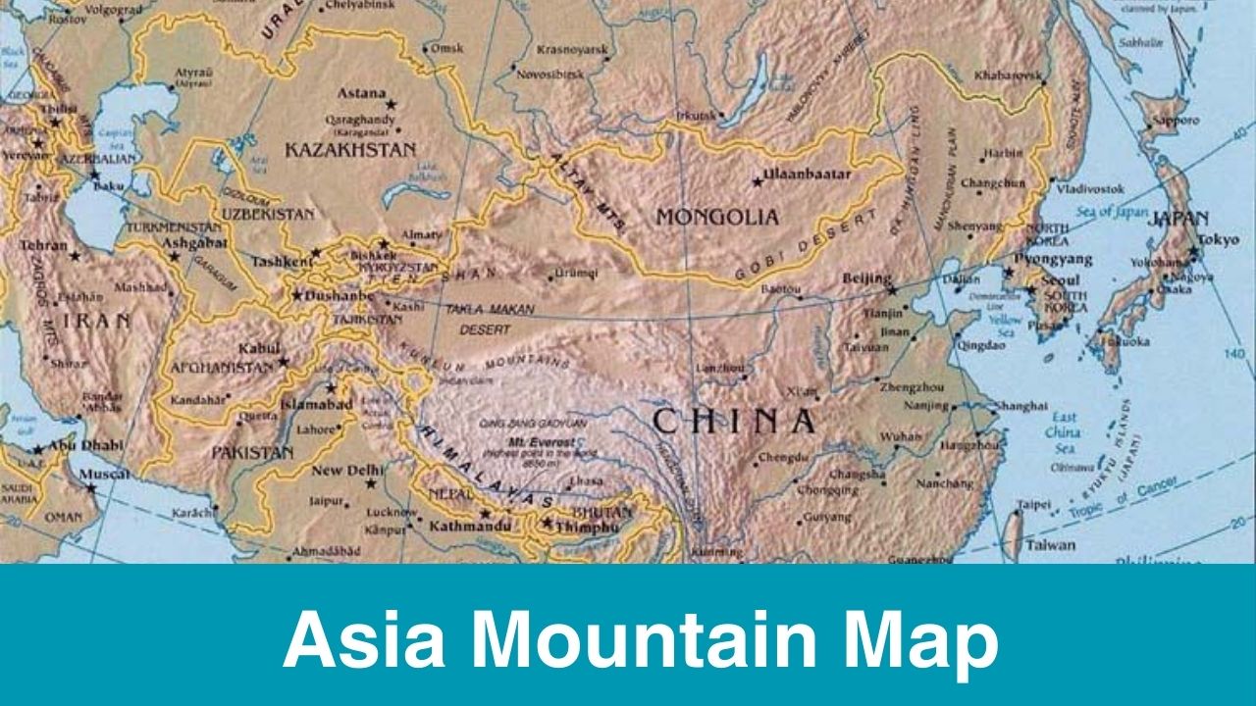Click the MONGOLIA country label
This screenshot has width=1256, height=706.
pos(717,217)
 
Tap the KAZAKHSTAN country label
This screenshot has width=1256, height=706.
pos(350,150)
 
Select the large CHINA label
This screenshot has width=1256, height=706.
pos(734,422)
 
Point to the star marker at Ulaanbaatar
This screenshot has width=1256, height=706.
pos(757,181)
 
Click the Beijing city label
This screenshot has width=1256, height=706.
pos(867,278)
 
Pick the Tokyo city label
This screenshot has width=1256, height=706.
pos(1218,239)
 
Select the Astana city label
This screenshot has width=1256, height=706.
pos(361,94)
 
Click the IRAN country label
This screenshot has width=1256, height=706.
pos(95,322)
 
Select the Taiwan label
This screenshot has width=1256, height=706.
pos(1051,545)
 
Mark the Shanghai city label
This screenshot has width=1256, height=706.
pos(1021,405)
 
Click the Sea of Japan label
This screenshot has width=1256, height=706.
pos(1111,211)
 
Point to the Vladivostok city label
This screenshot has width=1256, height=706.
pos(1090,187)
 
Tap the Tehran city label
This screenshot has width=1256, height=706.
pos(43,245)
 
